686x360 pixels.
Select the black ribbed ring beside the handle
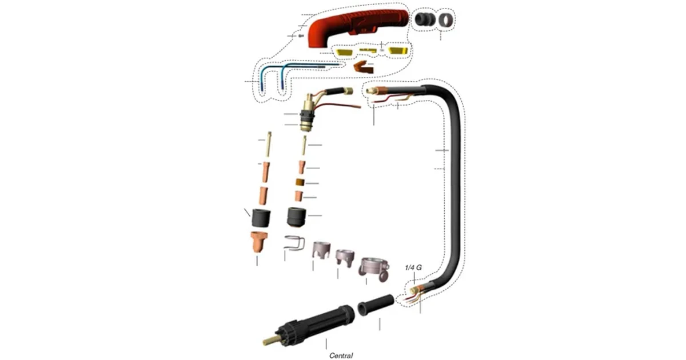(x=425, y=19)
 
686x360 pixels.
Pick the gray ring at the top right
(x=446, y=20)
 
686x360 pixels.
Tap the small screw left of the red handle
(x=301, y=36)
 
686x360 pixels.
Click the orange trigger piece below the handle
(x=364, y=67)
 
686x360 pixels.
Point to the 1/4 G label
(x=413, y=267)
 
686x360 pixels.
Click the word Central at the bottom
(x=341, y=355)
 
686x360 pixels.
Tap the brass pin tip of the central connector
(x=269, y=341)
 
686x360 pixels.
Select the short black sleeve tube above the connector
(x=376, y=305)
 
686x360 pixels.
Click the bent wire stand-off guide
(x=294, y=243)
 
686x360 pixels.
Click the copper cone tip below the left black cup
(x=259, y=242)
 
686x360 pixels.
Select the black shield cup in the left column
(x=261, y=218)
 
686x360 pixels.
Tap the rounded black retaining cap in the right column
(x=297, y=217)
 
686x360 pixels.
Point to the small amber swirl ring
(x=300, y=182)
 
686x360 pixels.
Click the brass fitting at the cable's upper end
(x=370, y=91)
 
